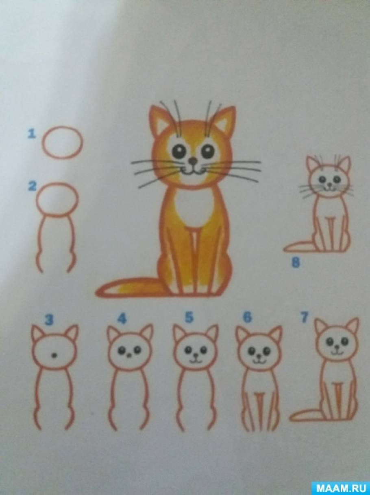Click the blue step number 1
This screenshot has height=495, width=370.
32,134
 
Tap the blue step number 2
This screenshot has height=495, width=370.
32,186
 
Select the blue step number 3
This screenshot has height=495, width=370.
49,320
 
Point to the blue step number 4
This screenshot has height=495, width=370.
122,319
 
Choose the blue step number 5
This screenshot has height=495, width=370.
189,317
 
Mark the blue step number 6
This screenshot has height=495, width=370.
247,317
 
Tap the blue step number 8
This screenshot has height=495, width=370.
296,263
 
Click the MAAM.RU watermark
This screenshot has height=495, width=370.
341,487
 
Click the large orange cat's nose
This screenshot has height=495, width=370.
192,161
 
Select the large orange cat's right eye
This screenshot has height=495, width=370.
208,150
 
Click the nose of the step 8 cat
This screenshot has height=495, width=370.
330,185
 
